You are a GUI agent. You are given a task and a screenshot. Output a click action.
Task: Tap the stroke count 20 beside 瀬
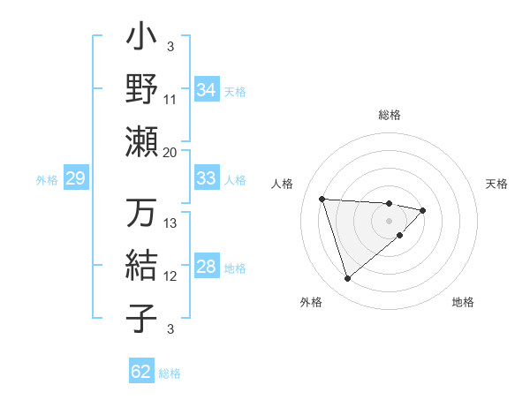pos(170,152)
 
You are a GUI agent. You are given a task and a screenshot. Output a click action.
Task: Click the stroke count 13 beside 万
pos(170,223)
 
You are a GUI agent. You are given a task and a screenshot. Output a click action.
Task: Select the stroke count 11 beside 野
pos(170,100)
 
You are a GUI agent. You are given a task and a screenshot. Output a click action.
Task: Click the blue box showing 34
pos(206,90)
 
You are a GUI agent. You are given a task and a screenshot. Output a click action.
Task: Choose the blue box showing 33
pos(206,178)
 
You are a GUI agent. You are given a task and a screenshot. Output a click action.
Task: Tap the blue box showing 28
pos(206,268)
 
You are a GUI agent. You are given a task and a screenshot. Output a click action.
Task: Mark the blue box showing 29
pos(76,179)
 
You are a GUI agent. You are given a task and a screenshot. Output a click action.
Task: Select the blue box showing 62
pos(141,372)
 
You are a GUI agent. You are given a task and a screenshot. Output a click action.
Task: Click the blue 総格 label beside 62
pos(170,373)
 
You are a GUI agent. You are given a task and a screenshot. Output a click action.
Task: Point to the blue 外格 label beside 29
pos(47,180)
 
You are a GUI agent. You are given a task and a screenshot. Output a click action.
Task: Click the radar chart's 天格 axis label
pos(496,184)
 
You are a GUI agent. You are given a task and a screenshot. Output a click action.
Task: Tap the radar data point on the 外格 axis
pos(347,279)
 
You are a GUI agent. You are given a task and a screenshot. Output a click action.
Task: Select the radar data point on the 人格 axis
pos(322,199)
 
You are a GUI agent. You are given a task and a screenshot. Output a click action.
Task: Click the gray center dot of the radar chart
pos(389,221)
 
